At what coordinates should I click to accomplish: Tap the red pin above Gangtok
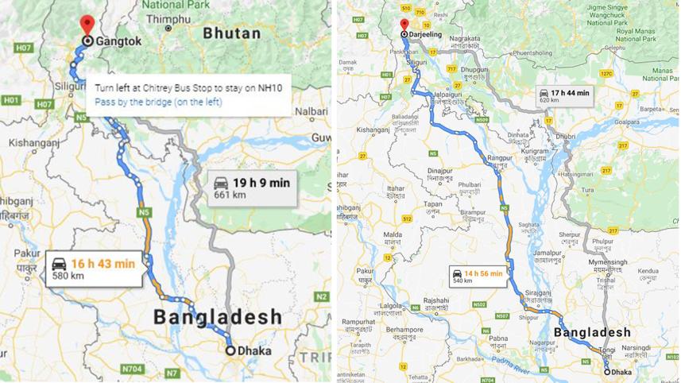pos(87,25)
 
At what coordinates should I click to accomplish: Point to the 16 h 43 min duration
pos(103,263)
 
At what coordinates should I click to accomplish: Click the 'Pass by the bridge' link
pos(158,102)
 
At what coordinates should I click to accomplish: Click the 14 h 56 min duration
pos(484,274)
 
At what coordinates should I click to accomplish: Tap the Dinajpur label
pos(439,170)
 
